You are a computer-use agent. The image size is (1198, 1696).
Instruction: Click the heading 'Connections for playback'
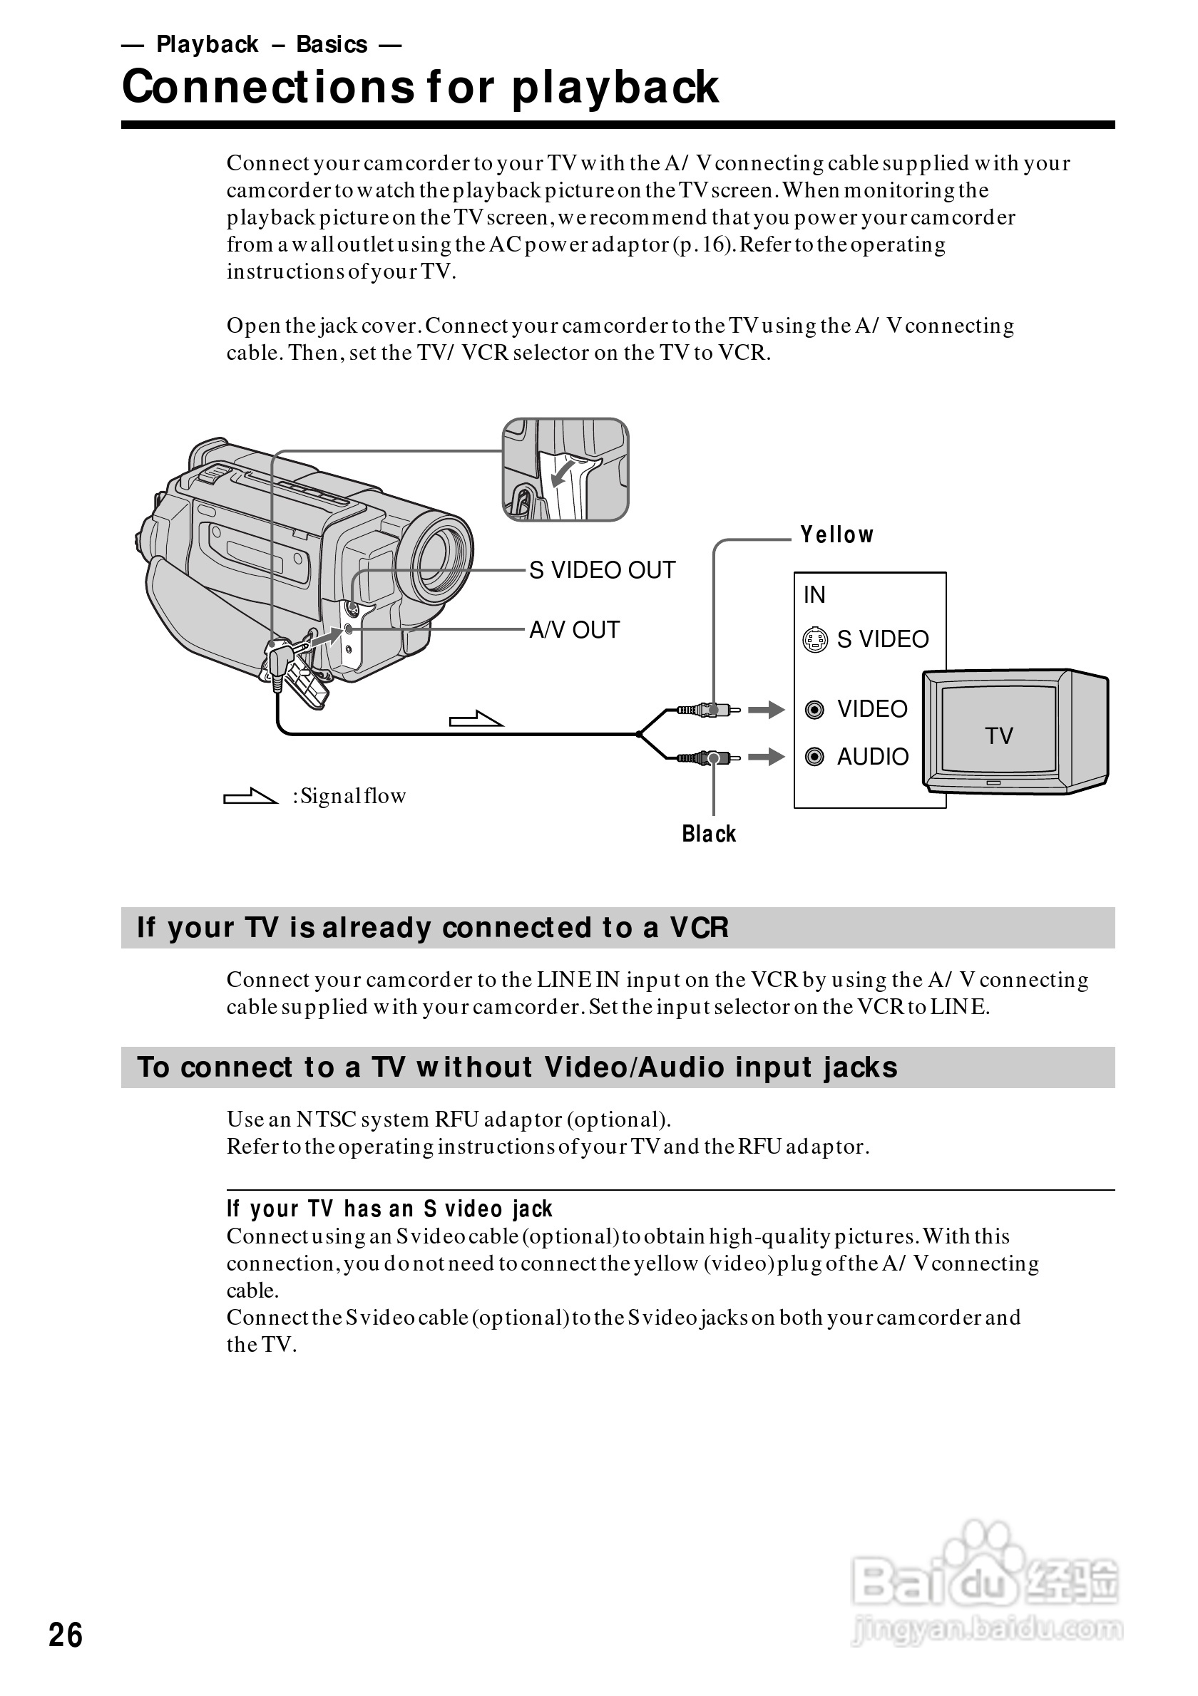pos(420,87)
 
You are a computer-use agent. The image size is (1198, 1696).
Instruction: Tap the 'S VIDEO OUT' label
pos(602,570)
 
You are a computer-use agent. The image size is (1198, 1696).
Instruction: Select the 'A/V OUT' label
pos(574,630)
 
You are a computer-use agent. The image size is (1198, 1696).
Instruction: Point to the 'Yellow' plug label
pos(836,534)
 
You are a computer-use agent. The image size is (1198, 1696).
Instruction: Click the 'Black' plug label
pos(709,834)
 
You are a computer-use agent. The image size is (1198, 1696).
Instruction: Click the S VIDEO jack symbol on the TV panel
pos(815,640)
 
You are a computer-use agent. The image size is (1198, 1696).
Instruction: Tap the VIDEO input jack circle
pos(814,710)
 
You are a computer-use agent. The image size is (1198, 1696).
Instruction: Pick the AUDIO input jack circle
pos(814,757)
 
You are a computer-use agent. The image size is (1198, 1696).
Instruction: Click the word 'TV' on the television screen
pos(998,735)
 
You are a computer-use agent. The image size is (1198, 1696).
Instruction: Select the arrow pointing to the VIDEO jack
pos(767,710)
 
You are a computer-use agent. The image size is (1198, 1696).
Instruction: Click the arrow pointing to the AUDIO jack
pos(767,757)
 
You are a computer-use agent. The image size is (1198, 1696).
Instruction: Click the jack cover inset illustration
pos(565,470)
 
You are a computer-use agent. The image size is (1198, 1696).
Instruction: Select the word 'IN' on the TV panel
pos(814,594)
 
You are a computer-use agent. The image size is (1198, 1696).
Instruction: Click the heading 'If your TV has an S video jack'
pos(389,1209)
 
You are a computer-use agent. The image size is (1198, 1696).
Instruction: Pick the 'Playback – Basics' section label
pos(262,44)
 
